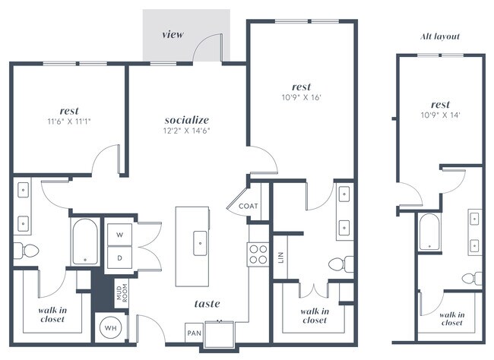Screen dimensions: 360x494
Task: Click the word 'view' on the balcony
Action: click(173, 35)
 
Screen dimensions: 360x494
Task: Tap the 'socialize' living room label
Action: click(186, 120)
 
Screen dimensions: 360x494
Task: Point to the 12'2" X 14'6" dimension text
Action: click(186, 131)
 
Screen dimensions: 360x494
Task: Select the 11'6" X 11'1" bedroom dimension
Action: click(69, 121)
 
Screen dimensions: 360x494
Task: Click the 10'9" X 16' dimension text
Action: click(301, 96)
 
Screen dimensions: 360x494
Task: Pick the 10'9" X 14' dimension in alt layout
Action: click(440, 115)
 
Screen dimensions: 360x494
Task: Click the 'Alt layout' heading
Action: click(440, 36)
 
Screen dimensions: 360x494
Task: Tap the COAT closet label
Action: click(249, 206)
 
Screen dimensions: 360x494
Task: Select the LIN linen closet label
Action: click(281, 257)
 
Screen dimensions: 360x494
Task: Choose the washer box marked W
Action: click(119, 235)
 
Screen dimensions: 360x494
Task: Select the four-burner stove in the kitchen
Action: click(258, 253)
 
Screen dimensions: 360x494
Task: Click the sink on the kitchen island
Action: click(201, 243)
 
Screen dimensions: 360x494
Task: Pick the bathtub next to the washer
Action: click(84, 241)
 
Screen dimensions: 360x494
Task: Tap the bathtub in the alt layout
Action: click(429, 231)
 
